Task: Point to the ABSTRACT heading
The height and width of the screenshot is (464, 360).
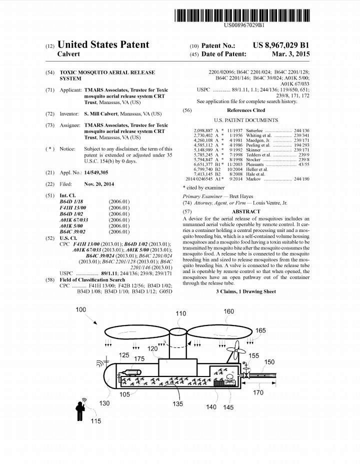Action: [x=246, y=211]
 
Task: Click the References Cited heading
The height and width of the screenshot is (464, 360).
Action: [x=246, y=110]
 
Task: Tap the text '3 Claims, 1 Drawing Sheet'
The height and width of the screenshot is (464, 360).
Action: [x=246, y=291]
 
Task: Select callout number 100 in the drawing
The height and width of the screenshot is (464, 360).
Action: [x=80, y=310]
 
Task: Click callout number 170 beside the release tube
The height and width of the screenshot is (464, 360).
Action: [x=257, y=393]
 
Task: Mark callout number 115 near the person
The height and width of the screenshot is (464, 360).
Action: [x=95, y=421]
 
